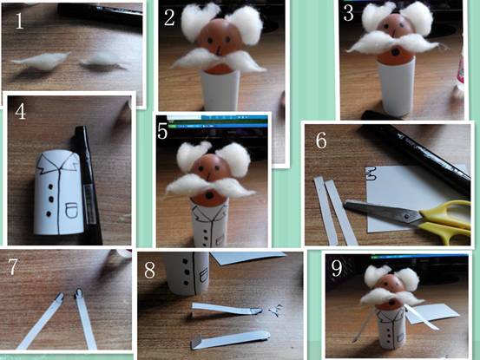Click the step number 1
point(20,21)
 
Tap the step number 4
point(21,112)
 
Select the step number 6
point(321,141)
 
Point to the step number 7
point(12,266)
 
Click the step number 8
point(149,270)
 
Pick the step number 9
point(337,268)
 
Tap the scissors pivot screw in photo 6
point(407,216)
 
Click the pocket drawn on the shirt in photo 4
point(71,210)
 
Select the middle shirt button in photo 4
point(51,200)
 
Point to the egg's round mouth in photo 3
point(396,52)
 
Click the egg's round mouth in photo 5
point(209,195)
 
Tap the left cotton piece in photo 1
point(40,59)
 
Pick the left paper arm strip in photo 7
point(41,321)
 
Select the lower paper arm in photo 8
point(230,339)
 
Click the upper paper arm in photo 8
point(227,308)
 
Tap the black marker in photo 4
point(88,184)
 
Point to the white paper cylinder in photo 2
point(220,88)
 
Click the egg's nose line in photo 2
point(219,49)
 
